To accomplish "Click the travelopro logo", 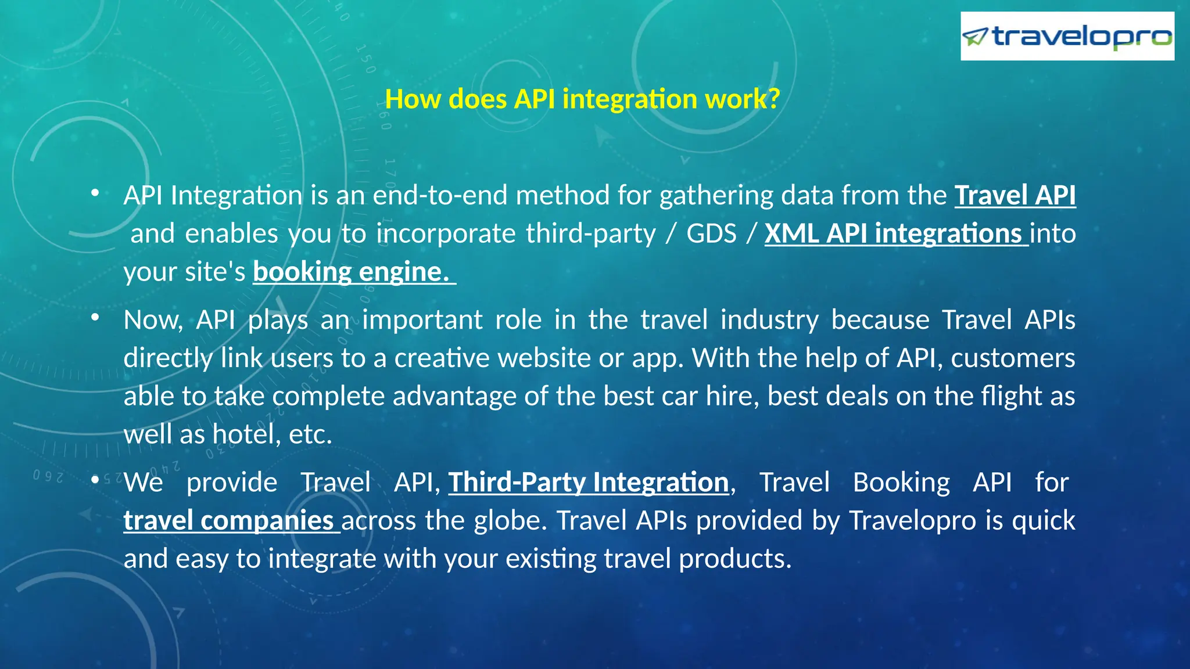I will tap(1067, 37).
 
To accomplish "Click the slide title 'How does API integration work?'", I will tap(582, 99).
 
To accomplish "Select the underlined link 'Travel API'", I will tap(1015, 196).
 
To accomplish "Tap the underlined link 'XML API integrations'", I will tap(895, 234).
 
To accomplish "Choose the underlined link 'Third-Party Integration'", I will tap(588, 483).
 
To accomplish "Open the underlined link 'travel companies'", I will tap(230, 521).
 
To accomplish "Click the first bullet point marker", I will tap(95, 193).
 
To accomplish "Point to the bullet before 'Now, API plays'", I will tap(95, 318).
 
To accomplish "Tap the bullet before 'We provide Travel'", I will tap(95, 480).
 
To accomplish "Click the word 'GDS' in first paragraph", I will tap(711, 234).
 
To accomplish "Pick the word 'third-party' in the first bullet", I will tap(590, 234).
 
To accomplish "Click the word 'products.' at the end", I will tap(735, 559).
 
